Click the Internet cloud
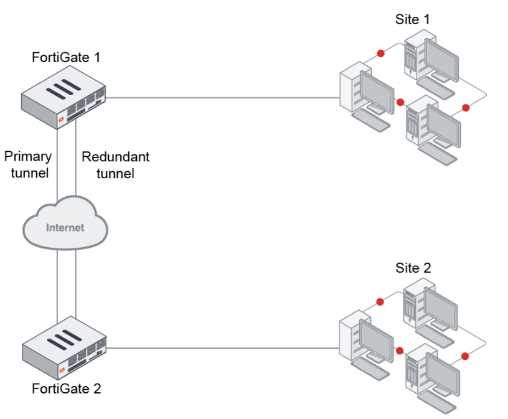click(65, 227)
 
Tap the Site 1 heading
click(412, 19)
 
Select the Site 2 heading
click(413, 268)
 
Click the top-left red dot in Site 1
click(379, 52)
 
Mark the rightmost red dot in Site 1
click(465, 108)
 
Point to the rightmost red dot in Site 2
click(465, 357)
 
